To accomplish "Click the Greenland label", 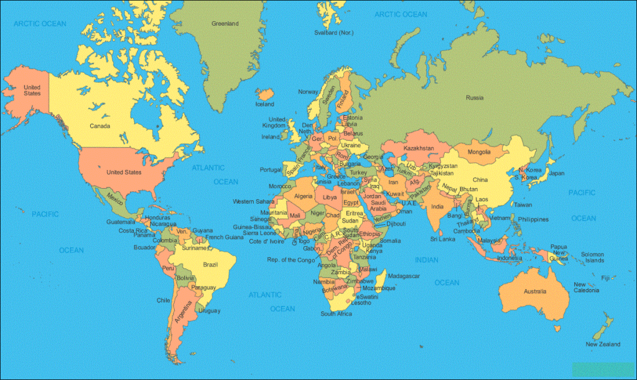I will pos(225,24).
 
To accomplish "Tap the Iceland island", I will pos(266,95).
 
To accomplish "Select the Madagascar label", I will pos(404,275).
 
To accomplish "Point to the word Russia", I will pos(475,97).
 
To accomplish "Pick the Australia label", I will pos(534,292).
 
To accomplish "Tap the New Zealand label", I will pos(603,344).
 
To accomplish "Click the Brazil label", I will pos(210,265).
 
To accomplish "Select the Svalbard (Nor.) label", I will pos(334,32).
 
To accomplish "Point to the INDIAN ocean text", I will pos(427,260).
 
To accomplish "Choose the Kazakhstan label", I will pos(418,148).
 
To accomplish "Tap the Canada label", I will pos(100,126).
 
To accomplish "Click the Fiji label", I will pos(605,277).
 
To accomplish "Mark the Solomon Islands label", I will pos(593,257).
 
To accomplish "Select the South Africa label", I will pos(337,313).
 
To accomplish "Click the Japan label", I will pos(557,173).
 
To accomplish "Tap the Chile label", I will pos(163,300).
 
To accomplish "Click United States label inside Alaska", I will pos(32,90).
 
